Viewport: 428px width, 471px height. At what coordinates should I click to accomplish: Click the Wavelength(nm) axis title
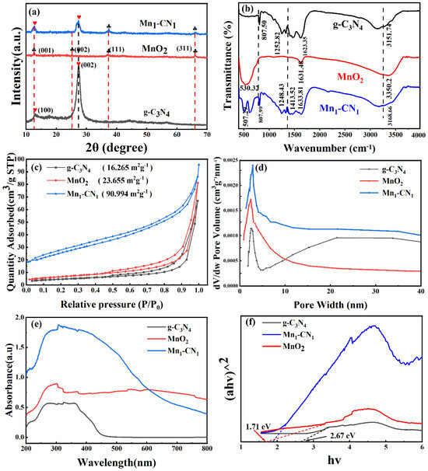point(115,460)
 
